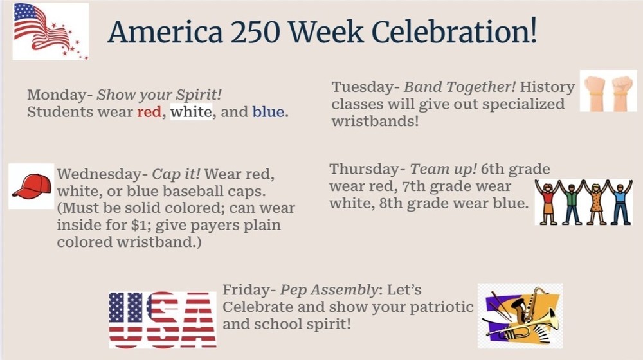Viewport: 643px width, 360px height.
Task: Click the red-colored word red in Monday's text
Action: tap(149, 113)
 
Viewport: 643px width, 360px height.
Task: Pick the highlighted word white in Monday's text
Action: tap(191, 113)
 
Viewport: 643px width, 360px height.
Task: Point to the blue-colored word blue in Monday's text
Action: tap(269, 113)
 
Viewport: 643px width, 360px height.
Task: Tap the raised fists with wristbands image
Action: tap(608, 91)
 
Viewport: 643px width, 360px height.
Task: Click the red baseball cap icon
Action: tap(32, 186)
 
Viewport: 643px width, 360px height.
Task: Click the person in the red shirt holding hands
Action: tap(548, 202)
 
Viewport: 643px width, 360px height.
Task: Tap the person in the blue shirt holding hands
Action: tap(620, 202)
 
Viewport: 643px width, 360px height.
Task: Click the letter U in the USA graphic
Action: tap(126, 319)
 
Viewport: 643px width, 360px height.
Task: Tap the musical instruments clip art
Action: tap(520, 316)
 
